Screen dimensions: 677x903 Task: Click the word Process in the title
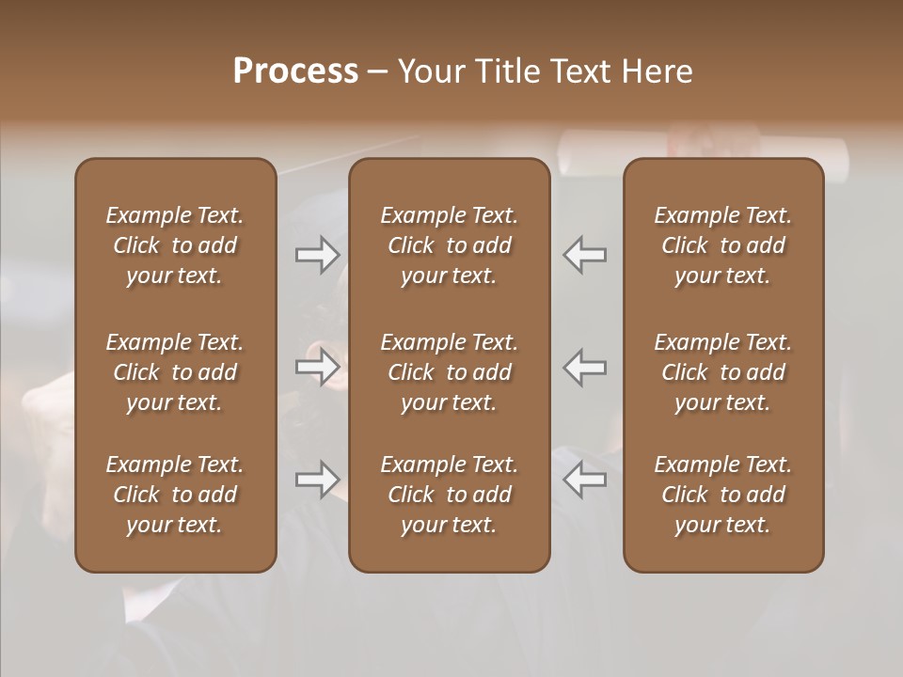point(295,71)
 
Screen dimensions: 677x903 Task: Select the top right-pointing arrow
point(318,255)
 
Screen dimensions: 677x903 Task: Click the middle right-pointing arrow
point(318,367)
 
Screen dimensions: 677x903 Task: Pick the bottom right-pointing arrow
point(318,480)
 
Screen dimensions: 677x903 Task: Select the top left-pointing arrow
point(585,255)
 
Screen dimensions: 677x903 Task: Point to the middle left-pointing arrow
point(585,367)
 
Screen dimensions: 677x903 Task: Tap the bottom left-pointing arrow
point(585,480)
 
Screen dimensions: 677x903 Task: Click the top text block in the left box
point(175,245)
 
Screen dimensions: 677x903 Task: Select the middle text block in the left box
point(175,372)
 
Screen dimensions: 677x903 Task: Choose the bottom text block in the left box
point(175,495)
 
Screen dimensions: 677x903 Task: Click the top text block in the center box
point(449,245)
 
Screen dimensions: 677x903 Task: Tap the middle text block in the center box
point(449,372)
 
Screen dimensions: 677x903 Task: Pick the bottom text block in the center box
point(449,495)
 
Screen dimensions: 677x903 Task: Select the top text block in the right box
point(722,245)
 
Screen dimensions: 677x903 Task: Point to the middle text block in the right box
point(722,372)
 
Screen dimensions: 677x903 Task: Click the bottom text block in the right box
point(722,495)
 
